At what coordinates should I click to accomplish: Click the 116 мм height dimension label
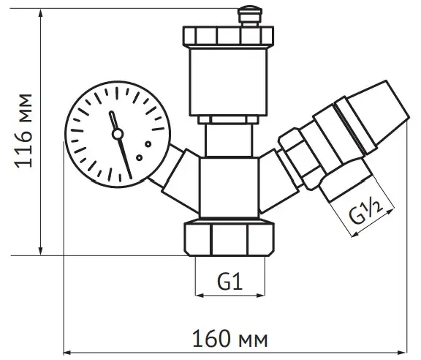pos(24,131)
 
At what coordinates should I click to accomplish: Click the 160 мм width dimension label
pos(230,339)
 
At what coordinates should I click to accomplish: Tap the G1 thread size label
pos(230,281)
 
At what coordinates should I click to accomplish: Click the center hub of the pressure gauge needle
pos(118,134)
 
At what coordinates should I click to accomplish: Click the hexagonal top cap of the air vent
pos(228,36)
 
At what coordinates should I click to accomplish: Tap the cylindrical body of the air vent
pos(228,81)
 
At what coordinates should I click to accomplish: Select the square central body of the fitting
pos(229,187)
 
